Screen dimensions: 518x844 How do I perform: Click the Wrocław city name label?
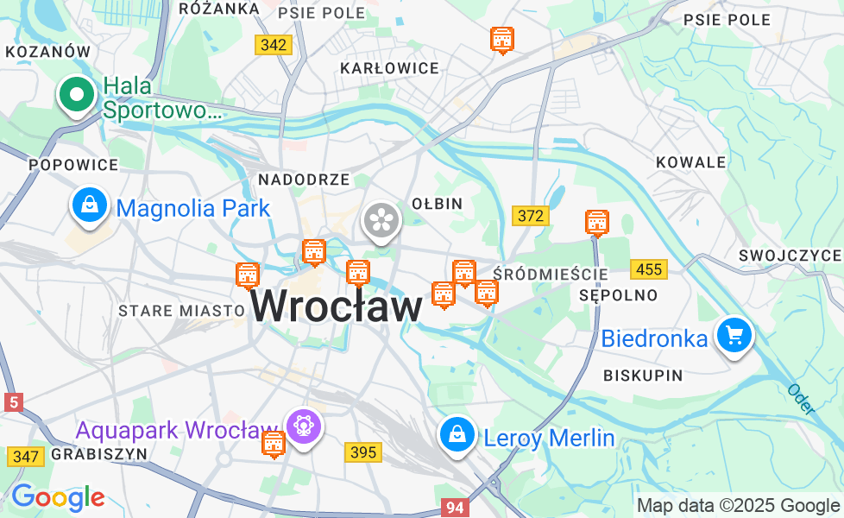337,306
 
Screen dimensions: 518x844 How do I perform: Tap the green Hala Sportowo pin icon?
77,95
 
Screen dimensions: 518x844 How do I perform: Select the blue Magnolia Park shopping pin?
90,206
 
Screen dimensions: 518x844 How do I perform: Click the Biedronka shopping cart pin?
734,336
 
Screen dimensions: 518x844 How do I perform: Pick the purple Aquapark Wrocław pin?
304,426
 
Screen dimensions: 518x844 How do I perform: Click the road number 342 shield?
274,45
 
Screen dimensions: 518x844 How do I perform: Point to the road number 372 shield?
530,216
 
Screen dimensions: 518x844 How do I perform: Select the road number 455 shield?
648,269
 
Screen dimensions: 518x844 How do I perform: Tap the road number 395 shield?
363,452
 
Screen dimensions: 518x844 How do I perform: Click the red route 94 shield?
454,508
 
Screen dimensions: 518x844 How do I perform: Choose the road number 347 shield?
26,456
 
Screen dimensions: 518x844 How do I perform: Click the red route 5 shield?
13,401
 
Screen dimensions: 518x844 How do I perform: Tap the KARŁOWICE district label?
389,68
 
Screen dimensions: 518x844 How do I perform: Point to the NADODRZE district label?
304,180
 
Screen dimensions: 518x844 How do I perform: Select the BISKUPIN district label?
643,376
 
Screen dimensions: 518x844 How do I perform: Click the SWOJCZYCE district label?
790,256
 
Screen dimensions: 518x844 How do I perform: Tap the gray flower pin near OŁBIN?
381,219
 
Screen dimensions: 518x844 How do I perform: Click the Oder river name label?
800,399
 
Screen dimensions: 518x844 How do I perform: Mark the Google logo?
58,497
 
